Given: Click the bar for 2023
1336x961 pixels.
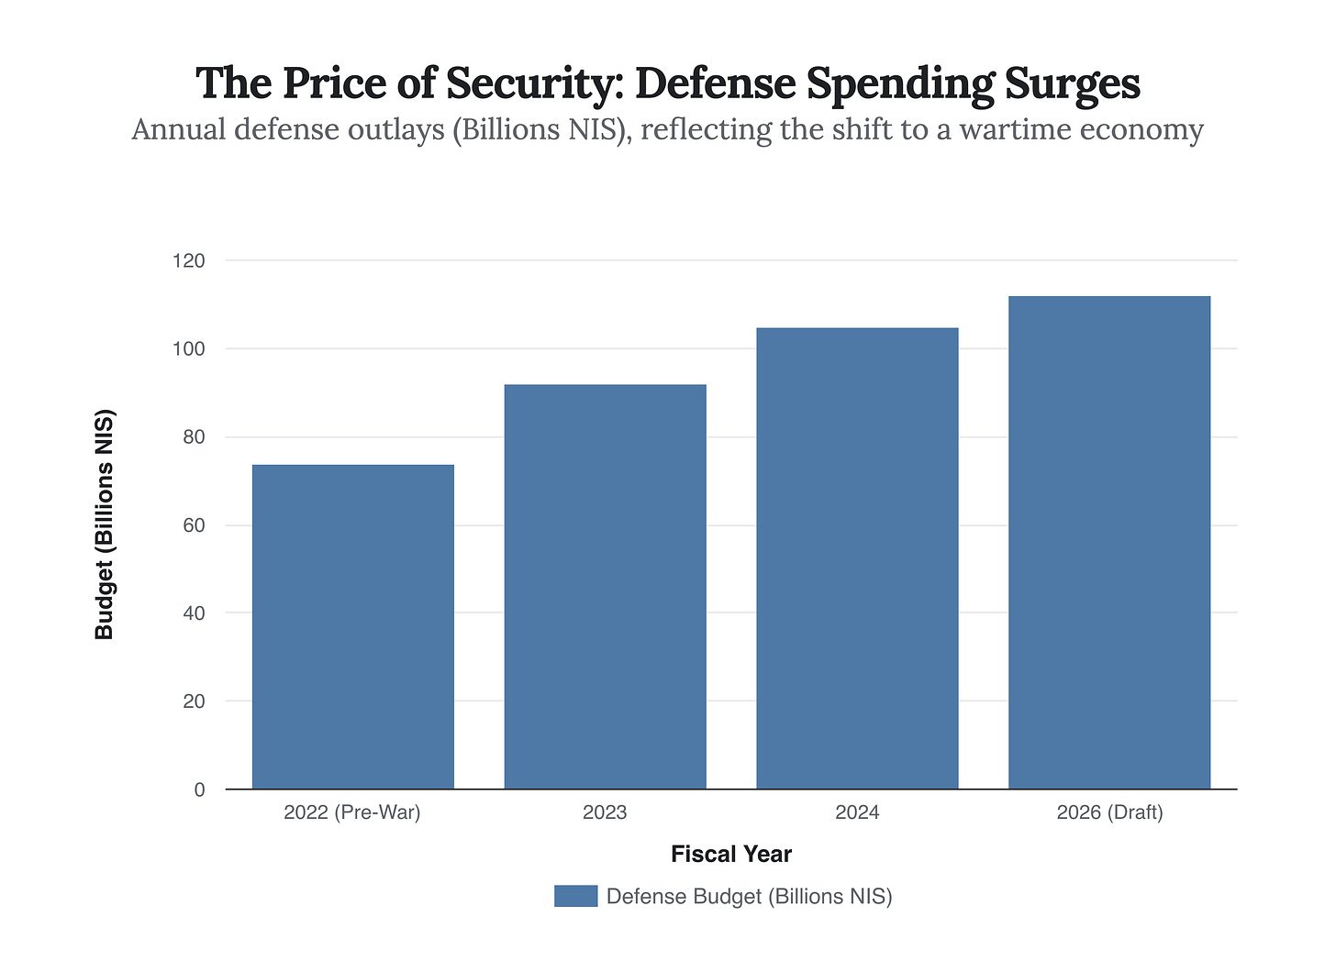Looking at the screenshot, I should click(x=605, y=586).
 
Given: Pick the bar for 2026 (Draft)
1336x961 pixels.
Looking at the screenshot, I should click(x=1108, y=542).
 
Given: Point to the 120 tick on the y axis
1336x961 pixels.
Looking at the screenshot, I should click(x=188, y=261).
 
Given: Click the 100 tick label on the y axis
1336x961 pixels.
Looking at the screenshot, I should click(x=188, y=349).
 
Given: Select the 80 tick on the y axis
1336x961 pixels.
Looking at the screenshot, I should click(x=194, y=437).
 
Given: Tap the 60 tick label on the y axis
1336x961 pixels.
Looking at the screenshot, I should click(x=194, y=525).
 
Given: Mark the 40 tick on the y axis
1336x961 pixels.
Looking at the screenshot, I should click(x=194, y=613).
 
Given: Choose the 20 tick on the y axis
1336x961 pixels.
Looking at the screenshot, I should click(x=194, y=701).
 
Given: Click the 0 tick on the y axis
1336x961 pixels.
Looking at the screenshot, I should click(x=199, y=790).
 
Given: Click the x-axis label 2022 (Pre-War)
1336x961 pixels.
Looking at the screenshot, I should click(x=352, y=812).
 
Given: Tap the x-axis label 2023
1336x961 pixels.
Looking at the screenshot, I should click(x=605, y=812).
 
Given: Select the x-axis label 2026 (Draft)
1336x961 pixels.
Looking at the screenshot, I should click(x=1109, y=812).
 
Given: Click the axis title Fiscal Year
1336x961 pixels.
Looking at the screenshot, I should click(x=730, y=855).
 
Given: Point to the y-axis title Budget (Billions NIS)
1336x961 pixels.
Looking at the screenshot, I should click(x=105, y=525).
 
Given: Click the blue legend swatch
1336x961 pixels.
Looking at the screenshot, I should click(x=575, y=896).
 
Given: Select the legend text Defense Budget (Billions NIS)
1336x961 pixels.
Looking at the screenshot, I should click(x=749, y=896).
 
